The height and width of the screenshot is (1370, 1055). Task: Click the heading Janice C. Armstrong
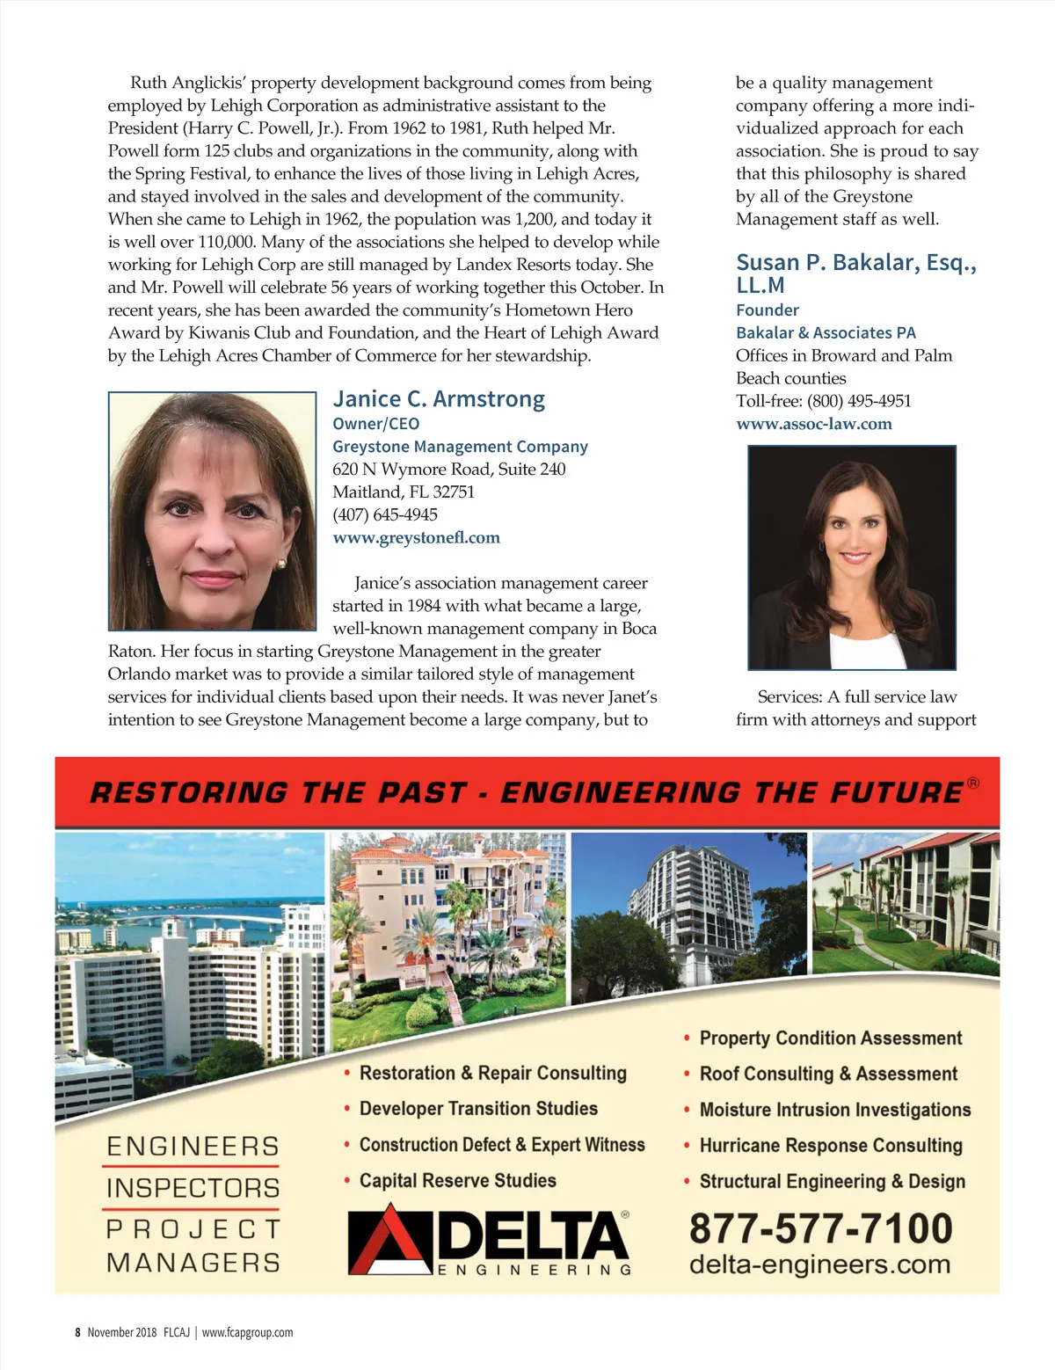click(x=439, y=399)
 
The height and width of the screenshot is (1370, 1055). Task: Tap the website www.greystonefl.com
click(x=416, y=537)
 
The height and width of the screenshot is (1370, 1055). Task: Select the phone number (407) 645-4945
click(x=384, y=514)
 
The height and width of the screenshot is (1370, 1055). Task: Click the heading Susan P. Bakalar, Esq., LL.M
click(x=855, y=273)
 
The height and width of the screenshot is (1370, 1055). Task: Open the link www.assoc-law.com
click(x=813, y=424)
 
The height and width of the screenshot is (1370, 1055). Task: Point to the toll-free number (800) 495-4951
click(x=859, y=401)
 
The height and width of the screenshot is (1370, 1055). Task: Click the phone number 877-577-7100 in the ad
click(x=820, y=1228)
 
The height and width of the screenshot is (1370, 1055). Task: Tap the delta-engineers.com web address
click(x=819, y=1264)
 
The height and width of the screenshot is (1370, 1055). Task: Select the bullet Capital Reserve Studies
click(x=457, y=1181)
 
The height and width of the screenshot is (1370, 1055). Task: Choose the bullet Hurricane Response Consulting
click(x=831, y=1146)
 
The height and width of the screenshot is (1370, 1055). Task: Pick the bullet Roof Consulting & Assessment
click(x=828, y=1074)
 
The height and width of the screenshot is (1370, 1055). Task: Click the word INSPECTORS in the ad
click(x=193, y=1188)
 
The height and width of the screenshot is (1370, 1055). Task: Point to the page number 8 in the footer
click(x=77, y=1332)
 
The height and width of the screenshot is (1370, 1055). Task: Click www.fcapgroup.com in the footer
click(x=247, y=1332)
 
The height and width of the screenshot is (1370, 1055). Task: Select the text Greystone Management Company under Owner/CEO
click(x=460, y=447)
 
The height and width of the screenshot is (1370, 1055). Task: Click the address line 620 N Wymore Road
click(x=448, y=470)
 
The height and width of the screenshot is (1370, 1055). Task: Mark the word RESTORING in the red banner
click(x=188, y=792)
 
